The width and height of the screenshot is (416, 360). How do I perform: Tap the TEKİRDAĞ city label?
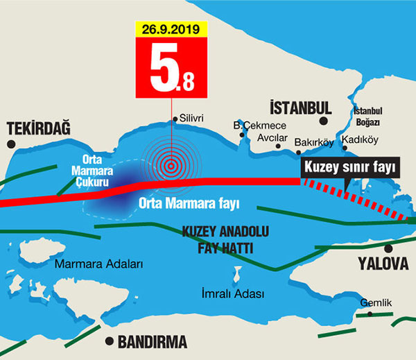pyautogui.click(x=37, y=128)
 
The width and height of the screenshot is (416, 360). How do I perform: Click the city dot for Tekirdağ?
pyautogui.click(x=11, y=144)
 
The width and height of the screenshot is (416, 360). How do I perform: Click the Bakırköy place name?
pyautogui.click(x=314, y=143)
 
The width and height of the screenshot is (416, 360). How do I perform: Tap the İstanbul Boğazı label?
pyautogui.click(x=368, y=116)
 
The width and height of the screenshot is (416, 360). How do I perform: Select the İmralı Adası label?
pyautogui.click(x=232, y=293)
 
